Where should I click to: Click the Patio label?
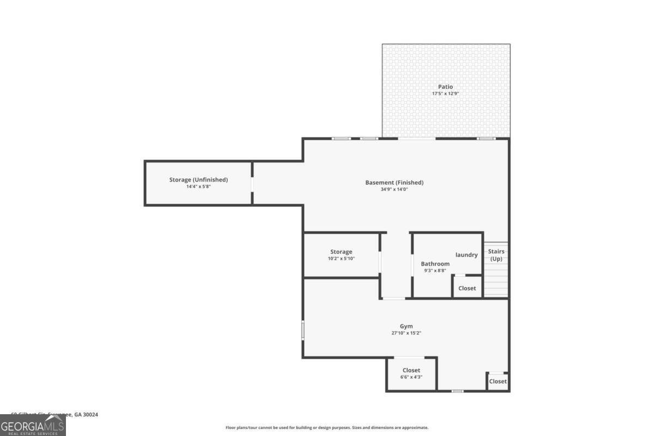(445, 87)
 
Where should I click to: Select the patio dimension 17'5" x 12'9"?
(445, 94)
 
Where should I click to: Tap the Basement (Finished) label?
(394, 183)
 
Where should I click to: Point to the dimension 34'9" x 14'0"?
(394, 190)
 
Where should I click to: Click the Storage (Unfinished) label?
(198, 179)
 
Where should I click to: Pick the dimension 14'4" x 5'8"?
(198, 186)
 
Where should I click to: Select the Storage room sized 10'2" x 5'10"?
(341, 255)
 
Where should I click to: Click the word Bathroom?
(435, 264)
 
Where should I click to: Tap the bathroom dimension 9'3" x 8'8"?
(435, 270)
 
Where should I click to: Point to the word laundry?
(467, 255)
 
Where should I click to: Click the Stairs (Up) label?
(496, 255)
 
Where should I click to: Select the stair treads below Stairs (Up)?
(496, 281)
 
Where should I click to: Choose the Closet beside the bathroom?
(467, 288)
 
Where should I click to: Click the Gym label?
(406, 326)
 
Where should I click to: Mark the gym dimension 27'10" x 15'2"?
(406, 333)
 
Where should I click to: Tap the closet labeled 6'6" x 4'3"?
(411, 373)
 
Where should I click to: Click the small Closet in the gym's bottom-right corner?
(498, 381)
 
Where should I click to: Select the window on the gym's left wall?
(304, 330)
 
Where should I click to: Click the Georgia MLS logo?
(33, 425)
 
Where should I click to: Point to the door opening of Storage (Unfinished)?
(252, 184)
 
